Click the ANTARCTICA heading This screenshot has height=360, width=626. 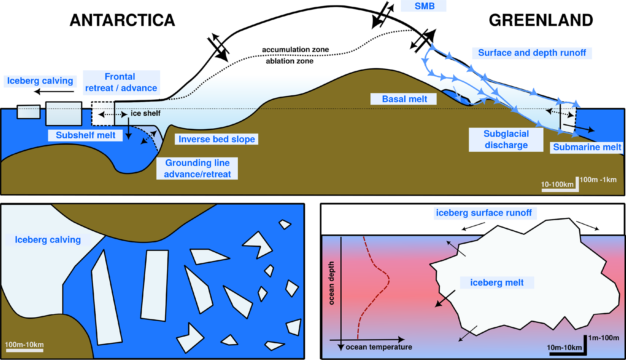tap(122, 21)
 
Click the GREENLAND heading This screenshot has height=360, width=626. tap(541, 21)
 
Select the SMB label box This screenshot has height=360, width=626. tap(424, 6)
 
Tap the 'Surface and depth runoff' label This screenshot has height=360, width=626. tap(532, 53)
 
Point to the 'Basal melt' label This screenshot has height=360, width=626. tap(404, 99)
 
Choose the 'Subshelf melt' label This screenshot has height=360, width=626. tap(85, 135)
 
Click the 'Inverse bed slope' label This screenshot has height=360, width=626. tap(217, 139)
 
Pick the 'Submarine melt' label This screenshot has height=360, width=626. tap(587, 147)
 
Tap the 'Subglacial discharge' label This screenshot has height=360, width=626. tap(506, 140)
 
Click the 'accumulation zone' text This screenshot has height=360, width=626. tap(295, 50)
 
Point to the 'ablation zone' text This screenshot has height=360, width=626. tap(290, 61)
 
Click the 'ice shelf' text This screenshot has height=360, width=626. tap(145, 113)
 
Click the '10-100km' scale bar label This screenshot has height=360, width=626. tap(557, 184)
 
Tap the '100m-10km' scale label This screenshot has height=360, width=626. tap(24, 345)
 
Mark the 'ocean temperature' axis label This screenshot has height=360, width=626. tap(379, 347)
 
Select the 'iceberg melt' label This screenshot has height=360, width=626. tap(497, 282)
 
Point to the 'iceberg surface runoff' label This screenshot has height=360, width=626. tap(484, 213)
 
